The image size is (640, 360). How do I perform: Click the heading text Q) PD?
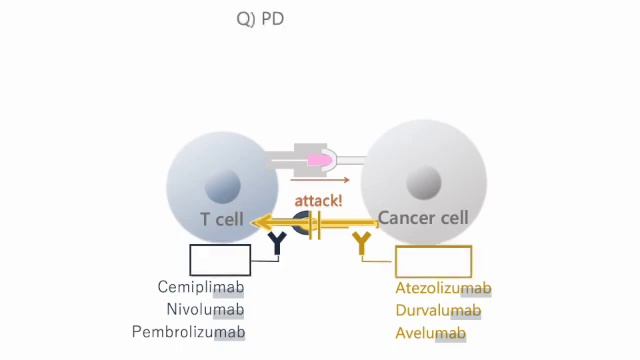coord(260,19)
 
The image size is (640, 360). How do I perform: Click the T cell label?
coord(222,219)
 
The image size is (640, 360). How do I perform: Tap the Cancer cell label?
coord(423,218)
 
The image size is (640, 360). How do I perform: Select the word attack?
coord(318,200)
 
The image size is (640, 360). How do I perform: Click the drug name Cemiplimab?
coord(200,287)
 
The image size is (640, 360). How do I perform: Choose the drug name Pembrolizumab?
coord(188,332)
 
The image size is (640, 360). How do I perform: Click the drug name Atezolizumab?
coord(443,288)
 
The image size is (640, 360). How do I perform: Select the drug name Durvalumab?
coord(438,310)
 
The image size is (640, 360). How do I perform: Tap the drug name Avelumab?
coord(430,333)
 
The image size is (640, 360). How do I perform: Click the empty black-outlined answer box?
coord(220,260)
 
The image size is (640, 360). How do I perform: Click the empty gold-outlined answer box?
coord(433,261)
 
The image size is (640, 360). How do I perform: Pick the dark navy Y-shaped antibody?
coord(276,243)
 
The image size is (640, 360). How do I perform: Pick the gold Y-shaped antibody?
coord(361,243)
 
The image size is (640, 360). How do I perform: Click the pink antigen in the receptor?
coord(319,160)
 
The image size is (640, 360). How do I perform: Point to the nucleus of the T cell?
coord(222,186)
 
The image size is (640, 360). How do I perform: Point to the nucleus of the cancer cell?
coord(424,183)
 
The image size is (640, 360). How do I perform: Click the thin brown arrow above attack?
coord(320,180)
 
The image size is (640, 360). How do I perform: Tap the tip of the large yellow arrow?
coord(256,222)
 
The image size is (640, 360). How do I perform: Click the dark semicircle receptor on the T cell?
coord(301,222)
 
